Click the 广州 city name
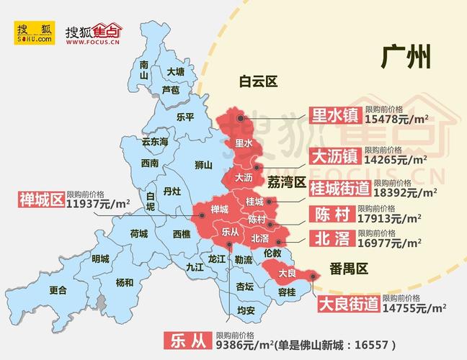click(x=406, y=56)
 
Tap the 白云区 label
click(x=259, y=82)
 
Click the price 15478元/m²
click(x=396, y=120)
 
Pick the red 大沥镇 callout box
click(x=334, y=156)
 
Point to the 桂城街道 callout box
click(x=339, y=188)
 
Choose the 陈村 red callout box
click(x=332, y=215)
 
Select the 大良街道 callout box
click(x=349, y=304)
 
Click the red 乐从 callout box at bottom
click(x=187, y=340)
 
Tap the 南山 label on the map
click(x=144, y=69)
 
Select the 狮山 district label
click(x=203, y=165)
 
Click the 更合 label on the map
click(x=58, y=290)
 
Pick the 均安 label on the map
click(x=246, y=310)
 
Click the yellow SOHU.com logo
click(x=35, y=33)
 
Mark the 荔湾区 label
click(x=286, y=181)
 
